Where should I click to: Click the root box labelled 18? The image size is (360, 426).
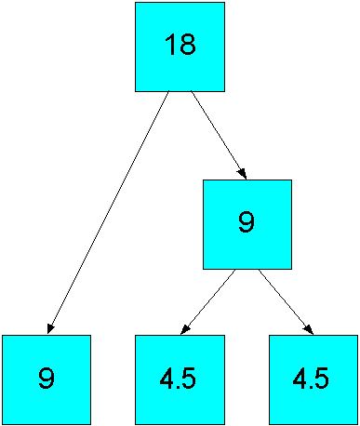click(180, 47)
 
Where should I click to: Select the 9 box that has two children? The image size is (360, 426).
click(247, 224)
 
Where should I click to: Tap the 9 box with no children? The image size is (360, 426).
click(47, 379)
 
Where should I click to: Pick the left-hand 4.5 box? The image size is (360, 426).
click(180, 379)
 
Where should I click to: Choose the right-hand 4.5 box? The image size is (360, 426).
click(313, 379)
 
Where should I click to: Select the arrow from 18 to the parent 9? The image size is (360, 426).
click(217, 134)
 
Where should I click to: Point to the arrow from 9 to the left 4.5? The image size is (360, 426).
click(208, 301)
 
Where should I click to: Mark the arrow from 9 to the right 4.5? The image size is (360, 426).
click(286, 301)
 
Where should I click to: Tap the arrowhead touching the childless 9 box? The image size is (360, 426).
click(50, 328)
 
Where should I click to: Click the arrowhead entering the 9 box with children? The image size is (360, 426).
click(242, 173)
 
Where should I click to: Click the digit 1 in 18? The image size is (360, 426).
click(169, 47)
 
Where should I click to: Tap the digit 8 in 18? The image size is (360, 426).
click(187, 47)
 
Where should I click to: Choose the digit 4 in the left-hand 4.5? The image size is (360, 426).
click(165, 379)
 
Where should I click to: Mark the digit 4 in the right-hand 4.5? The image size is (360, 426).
click(299, 379)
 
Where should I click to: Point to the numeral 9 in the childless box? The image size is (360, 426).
click(47, 379)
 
